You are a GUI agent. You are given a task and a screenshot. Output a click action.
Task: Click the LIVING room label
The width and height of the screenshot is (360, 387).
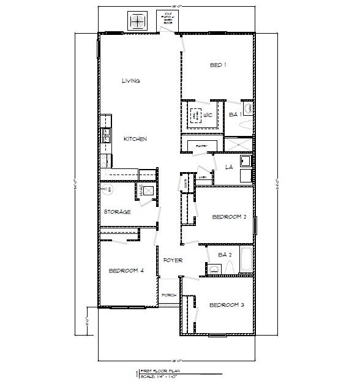[x=130, y=80]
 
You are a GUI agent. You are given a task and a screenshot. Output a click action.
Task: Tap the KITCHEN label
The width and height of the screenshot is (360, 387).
[x=135, y=139]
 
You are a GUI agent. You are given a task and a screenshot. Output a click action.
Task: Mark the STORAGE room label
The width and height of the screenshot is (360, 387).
[x=116, y=212]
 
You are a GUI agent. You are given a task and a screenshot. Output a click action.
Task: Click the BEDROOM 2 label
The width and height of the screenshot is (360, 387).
[x=229, y=217]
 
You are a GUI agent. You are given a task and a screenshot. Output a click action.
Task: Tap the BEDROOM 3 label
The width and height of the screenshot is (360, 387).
[x=227, y=305]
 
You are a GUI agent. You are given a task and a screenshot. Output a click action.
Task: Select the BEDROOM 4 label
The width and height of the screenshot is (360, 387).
[x=126, y=271]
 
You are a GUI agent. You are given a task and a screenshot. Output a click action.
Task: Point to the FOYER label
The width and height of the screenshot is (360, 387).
[x=173, y=260]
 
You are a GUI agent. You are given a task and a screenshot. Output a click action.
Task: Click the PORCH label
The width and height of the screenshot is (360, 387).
[x=169, y=295]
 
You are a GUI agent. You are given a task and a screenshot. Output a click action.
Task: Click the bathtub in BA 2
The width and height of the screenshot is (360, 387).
[x=244, y=260]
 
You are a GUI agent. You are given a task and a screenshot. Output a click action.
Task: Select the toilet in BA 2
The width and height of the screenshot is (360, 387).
[x=230, y=268]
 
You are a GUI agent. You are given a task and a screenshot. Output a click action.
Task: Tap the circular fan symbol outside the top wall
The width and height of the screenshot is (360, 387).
[x=138, y=21]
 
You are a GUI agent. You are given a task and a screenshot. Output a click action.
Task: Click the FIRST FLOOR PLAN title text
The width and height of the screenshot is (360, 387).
[x=162, y=371]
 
